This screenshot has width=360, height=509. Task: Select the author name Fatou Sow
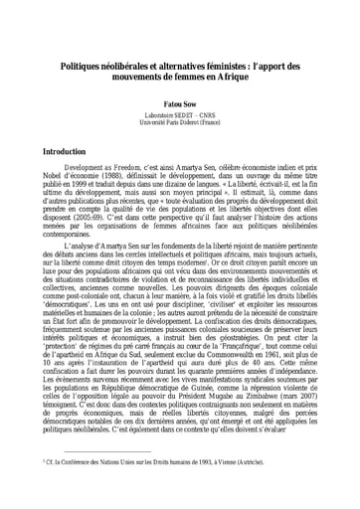[180, 100]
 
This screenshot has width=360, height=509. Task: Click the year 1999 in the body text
[85, 190]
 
